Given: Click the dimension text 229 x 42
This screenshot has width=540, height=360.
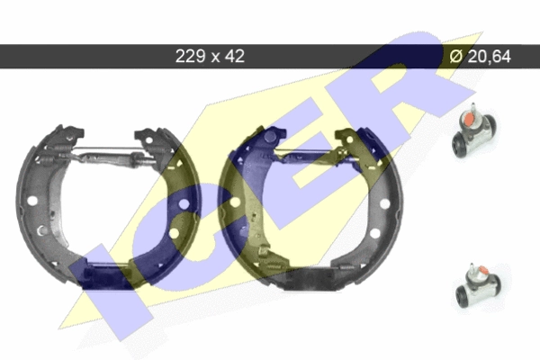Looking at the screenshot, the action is [210, 56].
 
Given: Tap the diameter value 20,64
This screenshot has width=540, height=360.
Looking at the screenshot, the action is [490, 56].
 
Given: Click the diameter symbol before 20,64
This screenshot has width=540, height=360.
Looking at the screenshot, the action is [456, 56].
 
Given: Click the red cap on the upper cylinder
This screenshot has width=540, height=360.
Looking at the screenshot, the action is [469, 120].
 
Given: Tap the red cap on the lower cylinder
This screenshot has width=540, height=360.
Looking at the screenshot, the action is [482, 269].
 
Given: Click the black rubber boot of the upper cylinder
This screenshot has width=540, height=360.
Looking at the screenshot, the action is [460, 146].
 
